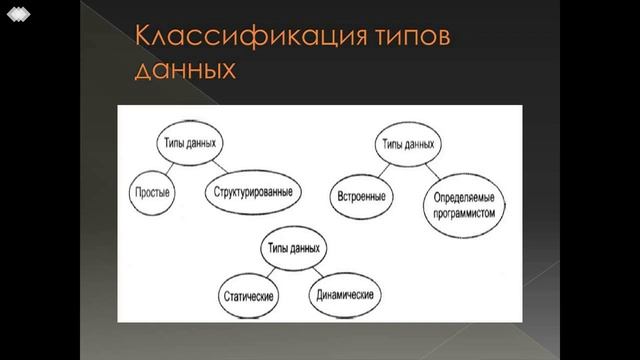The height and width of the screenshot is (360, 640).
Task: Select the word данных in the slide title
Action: tap(184, 70)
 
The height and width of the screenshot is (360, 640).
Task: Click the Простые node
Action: tap(153, 190)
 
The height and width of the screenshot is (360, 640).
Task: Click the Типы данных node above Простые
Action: tap(190, 144)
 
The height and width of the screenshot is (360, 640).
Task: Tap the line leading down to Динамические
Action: tap(318, 271)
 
